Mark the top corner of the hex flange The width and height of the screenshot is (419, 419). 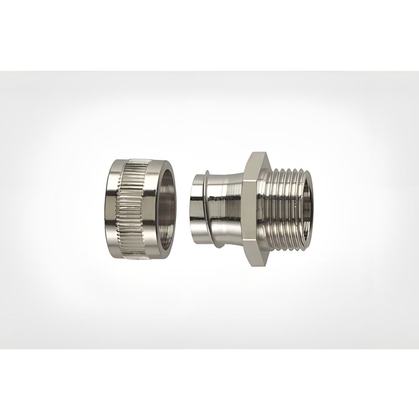(x=254, y=152)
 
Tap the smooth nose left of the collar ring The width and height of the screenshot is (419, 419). (x=192, y=209)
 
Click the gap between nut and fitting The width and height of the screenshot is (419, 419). (x=183, y=209)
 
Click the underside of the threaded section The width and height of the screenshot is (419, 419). (x=286, y=249)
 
